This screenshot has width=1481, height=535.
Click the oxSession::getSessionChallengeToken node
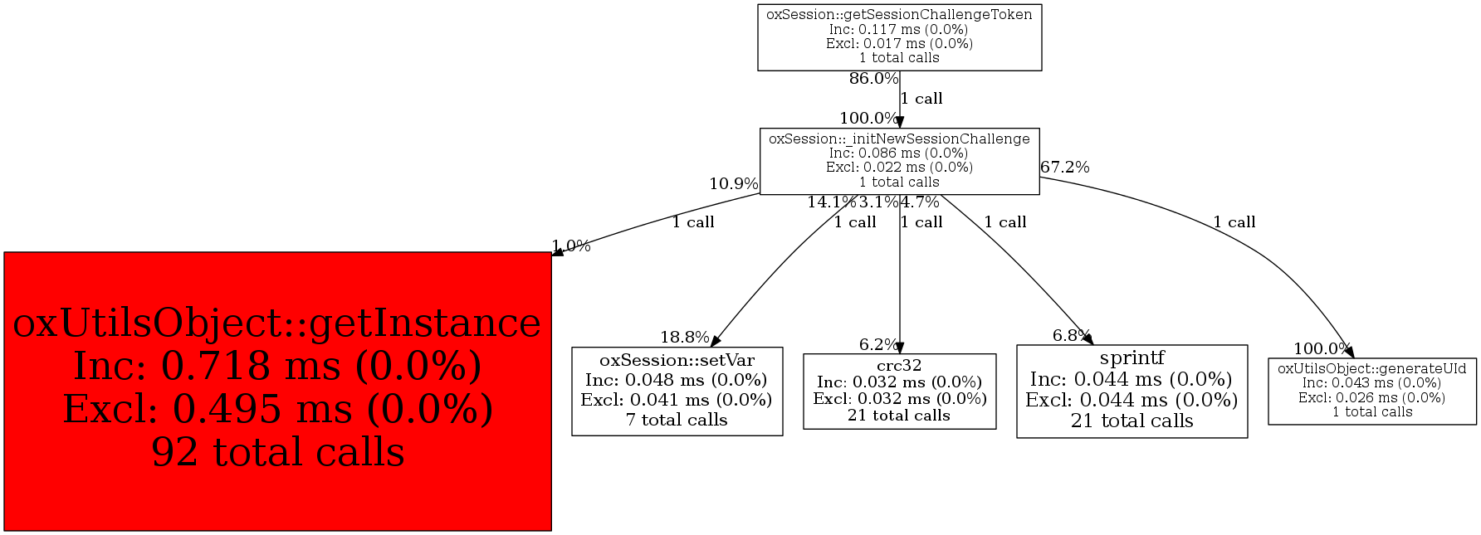click(899, 37)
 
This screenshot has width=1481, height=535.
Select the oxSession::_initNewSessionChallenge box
click(899, 161)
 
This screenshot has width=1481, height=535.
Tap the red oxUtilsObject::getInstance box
click(277, 391)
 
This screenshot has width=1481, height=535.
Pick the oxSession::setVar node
click(677, 391)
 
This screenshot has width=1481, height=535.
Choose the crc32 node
click(899, 391)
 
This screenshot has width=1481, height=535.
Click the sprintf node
click(1132, 391)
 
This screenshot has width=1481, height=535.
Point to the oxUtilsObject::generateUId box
click(1371, 391)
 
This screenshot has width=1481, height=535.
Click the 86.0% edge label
click(873, 79)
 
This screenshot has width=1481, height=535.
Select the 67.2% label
click(1065, 168)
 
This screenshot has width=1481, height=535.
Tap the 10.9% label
click(734, 184)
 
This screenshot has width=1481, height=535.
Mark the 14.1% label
click(831, 202)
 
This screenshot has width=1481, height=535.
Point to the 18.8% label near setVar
click(685, 338)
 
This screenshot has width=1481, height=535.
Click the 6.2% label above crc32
click(877, 345)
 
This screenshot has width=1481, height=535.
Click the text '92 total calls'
click(277, 453)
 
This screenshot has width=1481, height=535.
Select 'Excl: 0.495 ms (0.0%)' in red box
click(277, 410)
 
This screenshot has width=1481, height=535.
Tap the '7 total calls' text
click(677, 421)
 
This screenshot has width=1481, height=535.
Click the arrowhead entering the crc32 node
click(900, 348)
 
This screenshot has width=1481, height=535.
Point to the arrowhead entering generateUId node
click(1349, 352)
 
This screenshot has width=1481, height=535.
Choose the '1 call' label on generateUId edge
click(1234, 222)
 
